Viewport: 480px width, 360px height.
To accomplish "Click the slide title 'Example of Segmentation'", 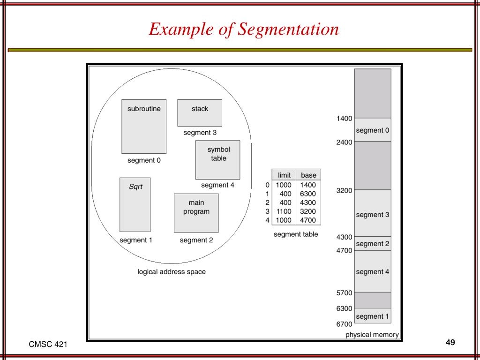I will tap(243, 30).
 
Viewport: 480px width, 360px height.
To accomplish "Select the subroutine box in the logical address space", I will tap(144, 126).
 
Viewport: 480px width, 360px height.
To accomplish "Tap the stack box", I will tap(200, 112).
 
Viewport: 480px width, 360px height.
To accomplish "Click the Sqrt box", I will tap(135, 204).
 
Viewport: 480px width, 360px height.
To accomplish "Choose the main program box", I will tap(196, 213).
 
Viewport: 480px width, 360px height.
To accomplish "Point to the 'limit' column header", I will tap(284, 175).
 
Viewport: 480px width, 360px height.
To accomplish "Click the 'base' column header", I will tap(308, 175).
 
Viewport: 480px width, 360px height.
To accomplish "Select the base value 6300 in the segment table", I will tap(308, 194).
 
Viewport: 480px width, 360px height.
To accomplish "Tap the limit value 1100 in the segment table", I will tap(284, 211).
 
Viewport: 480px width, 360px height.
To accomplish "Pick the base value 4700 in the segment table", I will tap(308, 220).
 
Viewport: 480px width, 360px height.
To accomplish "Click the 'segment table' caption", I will tap(296, 234).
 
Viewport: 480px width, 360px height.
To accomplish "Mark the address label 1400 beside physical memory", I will tap(345, 119).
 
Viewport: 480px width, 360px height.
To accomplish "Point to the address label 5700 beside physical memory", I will tap(345, 293).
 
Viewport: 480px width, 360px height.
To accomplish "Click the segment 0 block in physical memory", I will tap(373, 130).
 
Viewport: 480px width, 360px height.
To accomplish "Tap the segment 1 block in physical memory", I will tap(373, 315).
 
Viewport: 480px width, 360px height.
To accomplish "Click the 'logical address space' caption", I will tap(172, 272).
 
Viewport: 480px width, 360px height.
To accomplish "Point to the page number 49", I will tap(450, 342).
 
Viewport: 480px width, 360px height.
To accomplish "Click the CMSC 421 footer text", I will tap(48, 345).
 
